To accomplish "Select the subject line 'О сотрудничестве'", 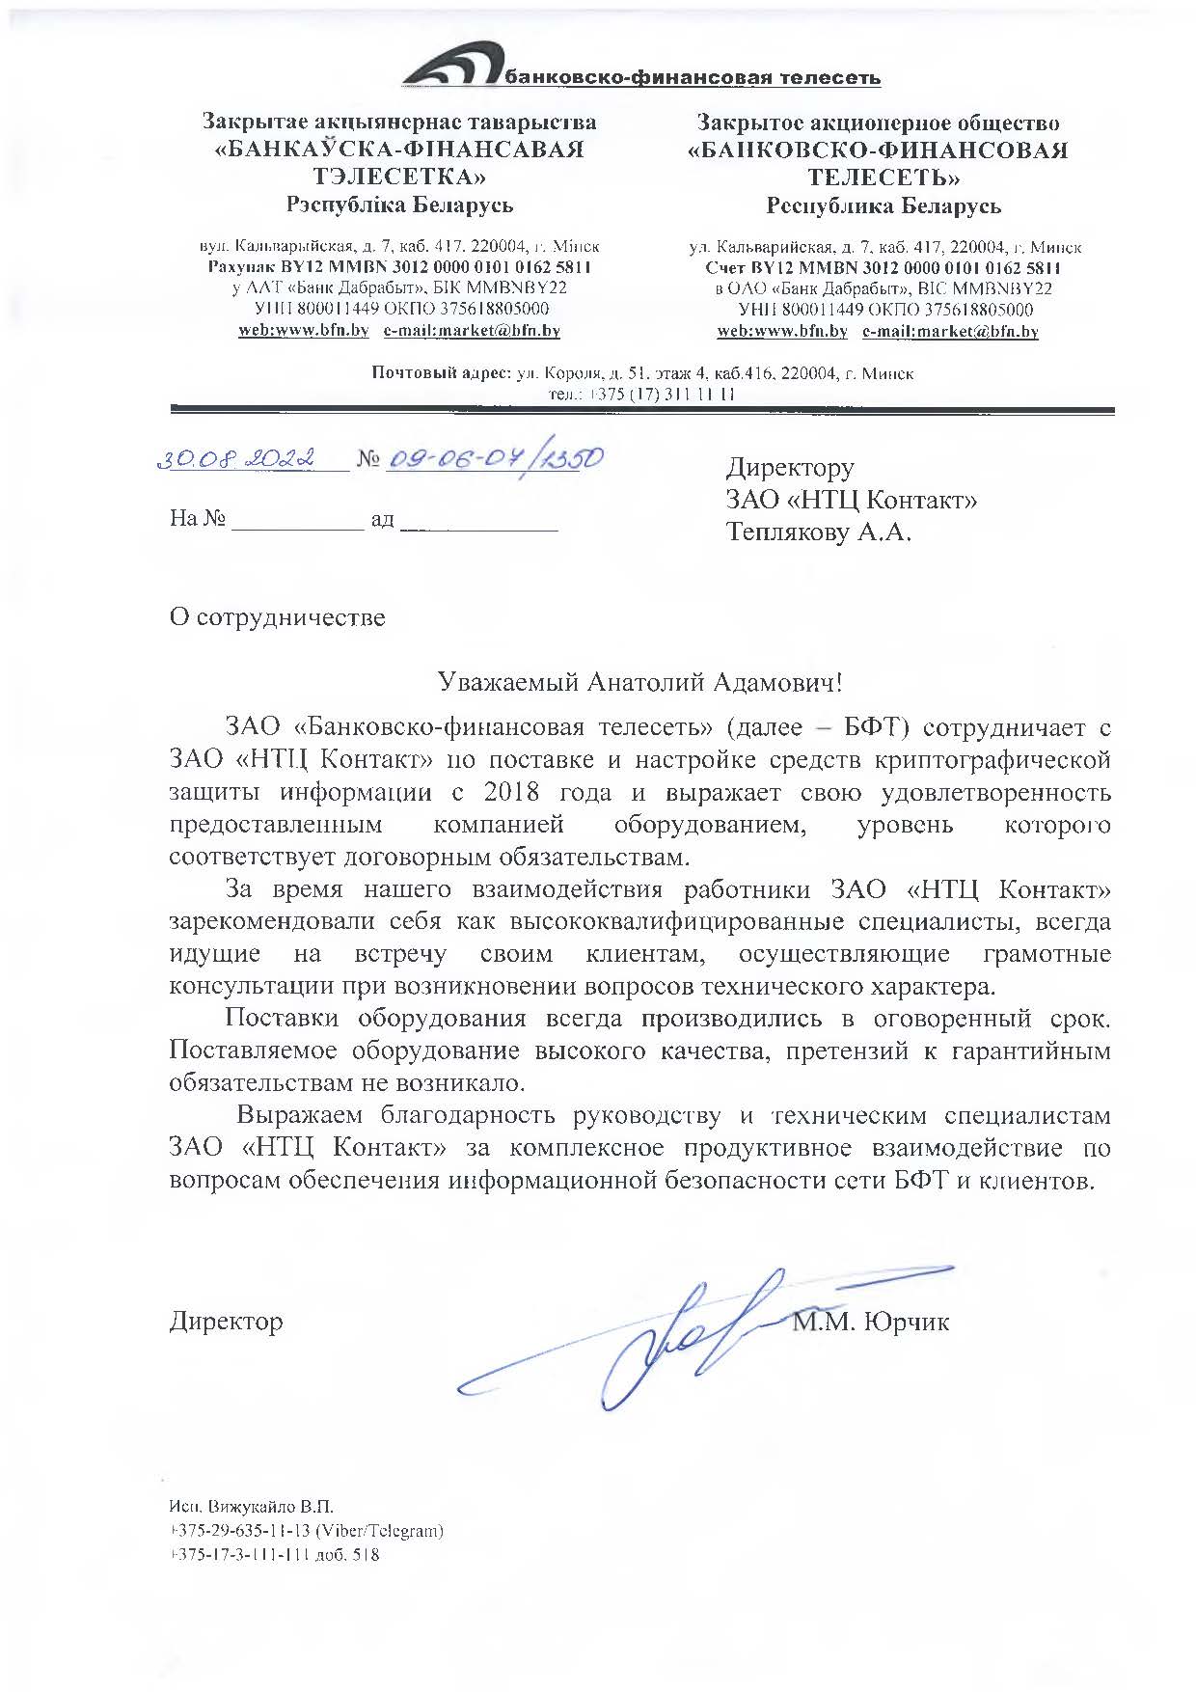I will click(277, 617).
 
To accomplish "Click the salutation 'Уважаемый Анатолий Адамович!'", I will click(640, 683).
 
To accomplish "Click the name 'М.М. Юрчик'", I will click(871, 1322).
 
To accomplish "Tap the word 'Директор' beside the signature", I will click(227, 1321).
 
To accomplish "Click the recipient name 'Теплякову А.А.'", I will click(818, 532).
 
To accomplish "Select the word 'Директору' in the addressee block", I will click(790, 468).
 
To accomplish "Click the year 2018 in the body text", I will click(511, 793).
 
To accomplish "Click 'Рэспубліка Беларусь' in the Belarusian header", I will click(399, 205).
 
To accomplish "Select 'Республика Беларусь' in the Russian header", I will click(883, 205).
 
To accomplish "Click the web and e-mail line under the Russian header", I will click(877, 331).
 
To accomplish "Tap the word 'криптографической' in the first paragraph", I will click(992, 760).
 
